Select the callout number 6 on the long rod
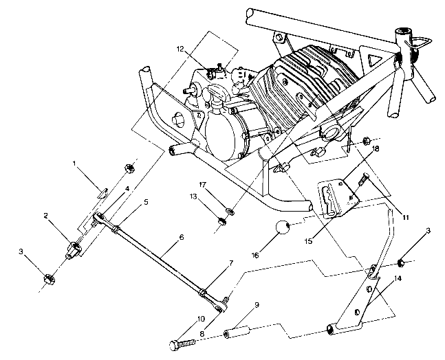click(181, 237)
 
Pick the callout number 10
click(200, 318)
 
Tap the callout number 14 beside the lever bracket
click(397, 278)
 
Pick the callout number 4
click(127, 188)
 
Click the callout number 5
click(146, 203)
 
